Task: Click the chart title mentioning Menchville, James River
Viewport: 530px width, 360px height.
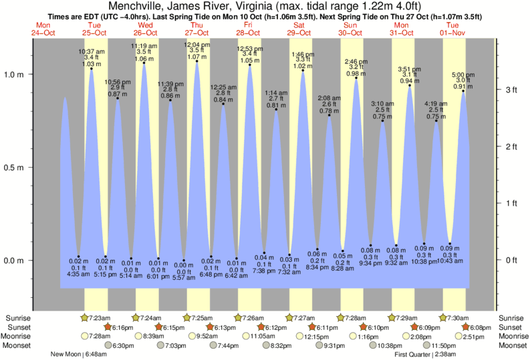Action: click(265, 6)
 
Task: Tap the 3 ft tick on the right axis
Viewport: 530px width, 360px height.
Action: click(507, 89)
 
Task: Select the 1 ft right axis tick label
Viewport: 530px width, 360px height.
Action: click(507, 203)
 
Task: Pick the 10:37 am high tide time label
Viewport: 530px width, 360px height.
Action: click(91, 51)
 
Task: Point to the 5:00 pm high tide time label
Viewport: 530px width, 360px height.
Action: click(463, 74)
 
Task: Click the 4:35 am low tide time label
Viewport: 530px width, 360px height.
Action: click(78, 275)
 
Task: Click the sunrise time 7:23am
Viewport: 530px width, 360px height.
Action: click(98, 317)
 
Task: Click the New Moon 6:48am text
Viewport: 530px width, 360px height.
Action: click(79, 355)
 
